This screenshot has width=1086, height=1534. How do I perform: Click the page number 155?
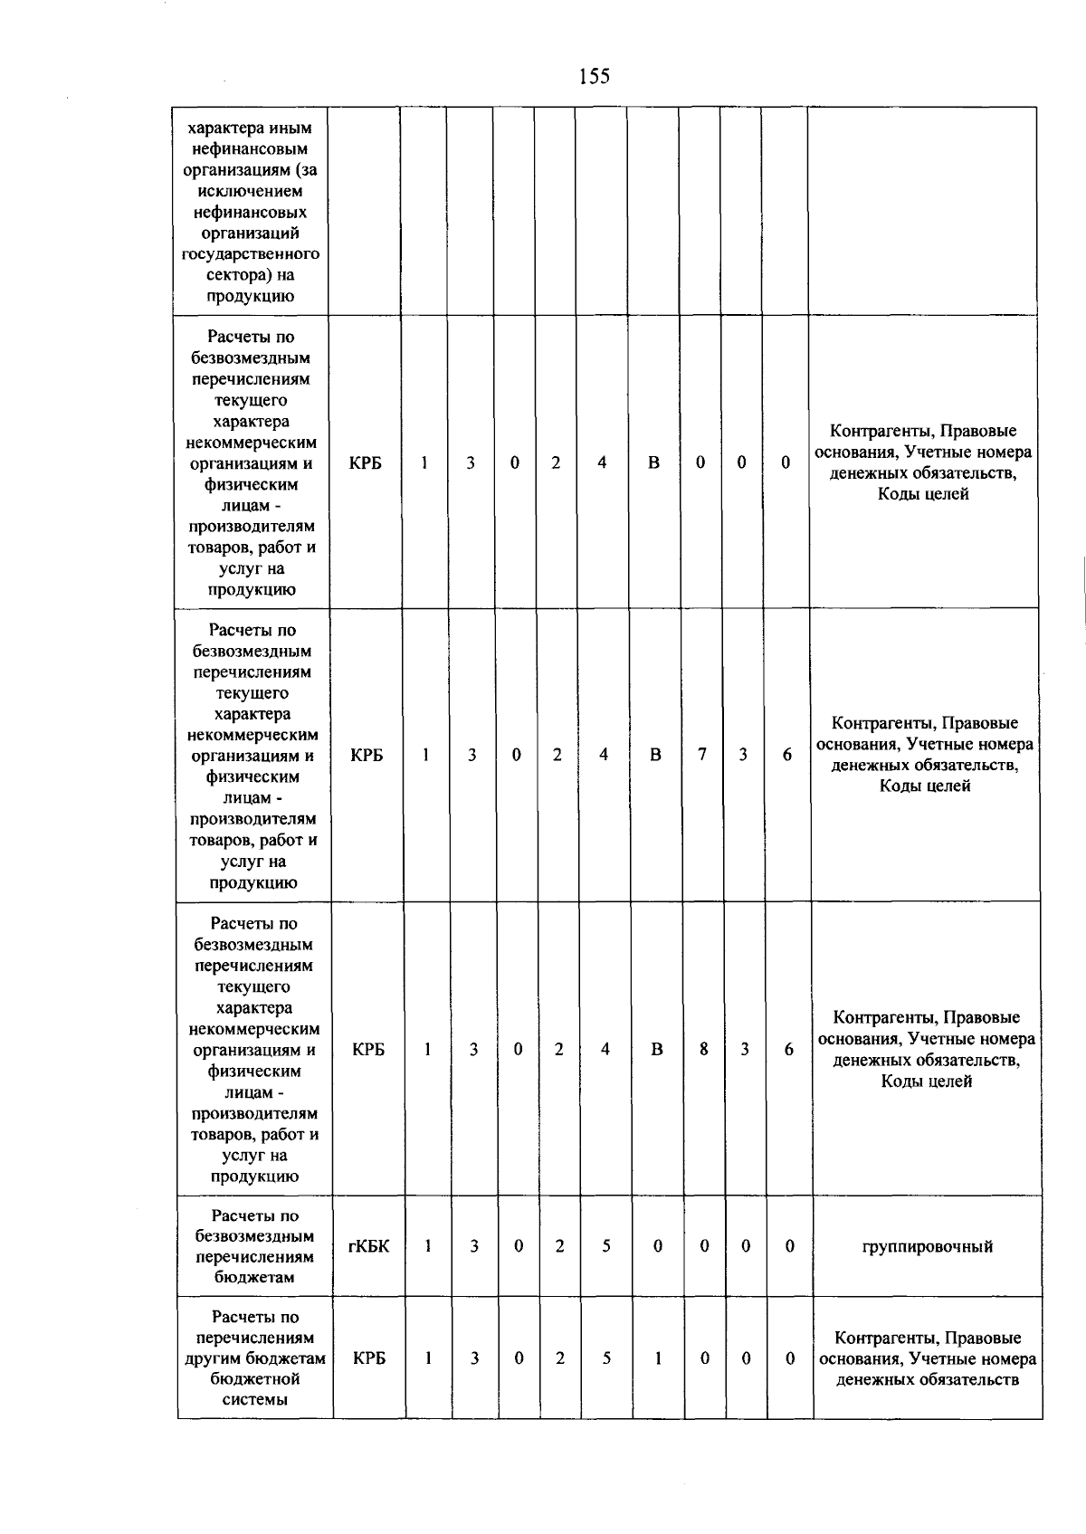[x=595, y=77]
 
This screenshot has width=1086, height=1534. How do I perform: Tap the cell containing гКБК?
[x=368, y=1246]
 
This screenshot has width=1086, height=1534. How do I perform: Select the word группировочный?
[x=927, y=1247]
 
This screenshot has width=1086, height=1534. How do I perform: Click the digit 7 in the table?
[x=702, y=754]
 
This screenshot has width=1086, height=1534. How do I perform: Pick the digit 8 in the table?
[x=703, y=1049]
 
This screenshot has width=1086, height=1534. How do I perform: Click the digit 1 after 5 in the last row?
[x=658, y=1358]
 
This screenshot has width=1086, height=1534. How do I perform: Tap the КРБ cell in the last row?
[x=369, y=1358]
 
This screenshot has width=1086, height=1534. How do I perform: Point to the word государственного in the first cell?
[x=251, y=254]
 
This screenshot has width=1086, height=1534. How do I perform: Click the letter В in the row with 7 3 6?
[x=655, y=755]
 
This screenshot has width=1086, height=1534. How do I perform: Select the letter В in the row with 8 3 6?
[x=657, y=1050]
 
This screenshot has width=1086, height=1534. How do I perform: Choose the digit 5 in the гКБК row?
[x=605, y=1246]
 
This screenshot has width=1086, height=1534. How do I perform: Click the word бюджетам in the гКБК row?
[x=254, y=1277]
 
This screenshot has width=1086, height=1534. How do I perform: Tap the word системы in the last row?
[x=255, y=1399]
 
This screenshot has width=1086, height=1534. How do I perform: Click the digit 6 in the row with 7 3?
[x=787, y=755]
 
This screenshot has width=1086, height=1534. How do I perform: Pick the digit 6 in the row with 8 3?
[x=789, y=1050]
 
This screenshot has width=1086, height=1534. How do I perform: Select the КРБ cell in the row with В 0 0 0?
[x=366, y=462]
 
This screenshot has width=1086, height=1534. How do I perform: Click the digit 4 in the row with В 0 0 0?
[x=602, y=462]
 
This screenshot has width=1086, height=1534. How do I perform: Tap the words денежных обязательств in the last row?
[x=927, y=1380]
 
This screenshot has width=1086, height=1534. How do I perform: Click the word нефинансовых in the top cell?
[x=250, y=212]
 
